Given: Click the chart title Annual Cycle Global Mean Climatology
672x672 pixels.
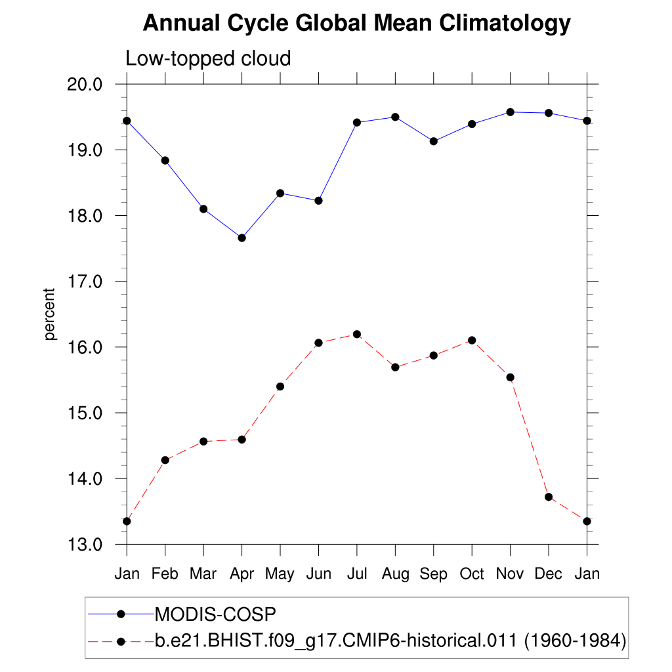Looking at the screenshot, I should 356,24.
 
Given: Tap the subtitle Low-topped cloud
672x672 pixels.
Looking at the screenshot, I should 208,59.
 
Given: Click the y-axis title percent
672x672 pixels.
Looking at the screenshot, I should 50,314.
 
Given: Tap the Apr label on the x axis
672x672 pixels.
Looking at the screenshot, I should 242,574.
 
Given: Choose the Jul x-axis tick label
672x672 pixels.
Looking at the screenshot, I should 357,574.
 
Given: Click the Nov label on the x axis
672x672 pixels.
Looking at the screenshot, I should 510,574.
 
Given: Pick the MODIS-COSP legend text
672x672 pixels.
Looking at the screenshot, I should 215,614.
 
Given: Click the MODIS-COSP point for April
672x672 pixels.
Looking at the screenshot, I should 242,238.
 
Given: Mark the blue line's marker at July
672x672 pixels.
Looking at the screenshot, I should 357,122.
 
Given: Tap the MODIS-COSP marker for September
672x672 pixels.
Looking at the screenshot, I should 434,141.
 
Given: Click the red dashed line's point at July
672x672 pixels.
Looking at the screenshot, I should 357,334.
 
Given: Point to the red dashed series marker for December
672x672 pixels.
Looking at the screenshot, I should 549,497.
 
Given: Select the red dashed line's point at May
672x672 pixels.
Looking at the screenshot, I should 280,387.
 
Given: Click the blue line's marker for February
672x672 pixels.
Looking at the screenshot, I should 165,160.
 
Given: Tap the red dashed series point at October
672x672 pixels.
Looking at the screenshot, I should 472,340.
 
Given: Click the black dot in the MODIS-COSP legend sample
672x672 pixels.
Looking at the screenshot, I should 121,614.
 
